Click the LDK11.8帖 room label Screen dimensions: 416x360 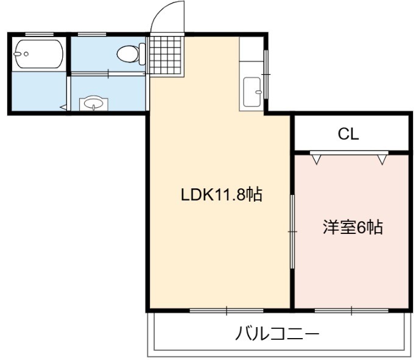click(222, 195)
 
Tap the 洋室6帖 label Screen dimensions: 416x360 click(353, 227)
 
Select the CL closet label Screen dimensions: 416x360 click(348, 134)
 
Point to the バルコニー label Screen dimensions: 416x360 click(277, 333)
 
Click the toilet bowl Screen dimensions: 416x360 click(128, 54)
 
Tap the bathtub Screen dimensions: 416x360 click(38, 54)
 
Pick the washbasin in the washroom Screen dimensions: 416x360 click(93, 103)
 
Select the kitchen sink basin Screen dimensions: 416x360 click(252, 92)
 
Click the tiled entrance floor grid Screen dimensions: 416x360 click(166, 56)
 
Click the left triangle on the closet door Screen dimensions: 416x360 click(316, 160)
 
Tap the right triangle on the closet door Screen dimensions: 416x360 click(382, 160)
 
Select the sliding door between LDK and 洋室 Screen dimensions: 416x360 click(292, 231)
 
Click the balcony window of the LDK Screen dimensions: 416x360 click(227, 310)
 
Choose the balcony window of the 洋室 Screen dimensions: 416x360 click(351, 310)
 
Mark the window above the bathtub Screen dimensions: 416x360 click(39, 34)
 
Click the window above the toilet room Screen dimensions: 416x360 click(92, 34)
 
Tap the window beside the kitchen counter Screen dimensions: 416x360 click(266, 74)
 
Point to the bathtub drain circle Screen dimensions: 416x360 click(26, 54)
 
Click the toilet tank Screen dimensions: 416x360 click(142, 54)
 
